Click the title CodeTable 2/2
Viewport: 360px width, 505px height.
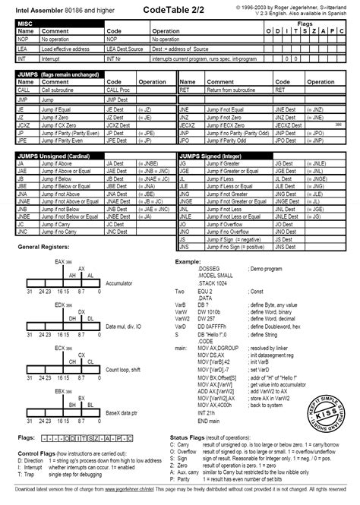point(179,8)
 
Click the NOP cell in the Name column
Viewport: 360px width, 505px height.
point(24,37)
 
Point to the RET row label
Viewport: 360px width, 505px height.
point(184,89)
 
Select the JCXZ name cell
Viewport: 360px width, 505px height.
point(26,125)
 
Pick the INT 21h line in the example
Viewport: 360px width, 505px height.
point(208,415)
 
